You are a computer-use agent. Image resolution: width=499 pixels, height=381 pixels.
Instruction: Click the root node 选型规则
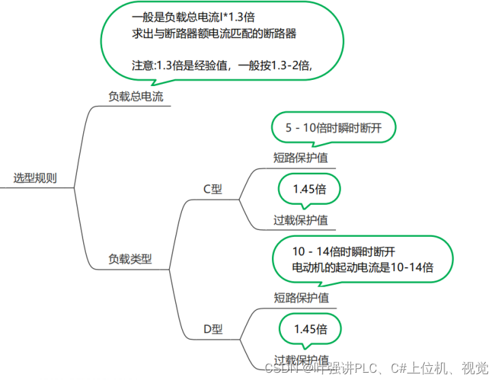pos(35,179)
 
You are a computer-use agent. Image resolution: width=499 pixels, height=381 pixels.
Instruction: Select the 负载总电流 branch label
pos(136,97)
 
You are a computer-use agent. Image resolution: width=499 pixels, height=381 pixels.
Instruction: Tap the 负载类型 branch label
pos(130,259)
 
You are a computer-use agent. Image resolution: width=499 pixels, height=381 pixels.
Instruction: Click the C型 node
pos(213,190)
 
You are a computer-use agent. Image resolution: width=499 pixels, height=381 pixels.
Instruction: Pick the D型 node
pos(213,329)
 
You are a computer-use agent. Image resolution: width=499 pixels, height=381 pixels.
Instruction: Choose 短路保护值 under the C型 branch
pos(301,157)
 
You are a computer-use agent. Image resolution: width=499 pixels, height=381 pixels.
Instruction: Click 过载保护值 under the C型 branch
pos(301,220)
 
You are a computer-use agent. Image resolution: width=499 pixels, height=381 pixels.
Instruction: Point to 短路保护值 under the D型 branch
pos(301,298)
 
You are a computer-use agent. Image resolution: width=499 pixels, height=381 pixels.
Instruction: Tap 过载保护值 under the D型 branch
pos(301,360)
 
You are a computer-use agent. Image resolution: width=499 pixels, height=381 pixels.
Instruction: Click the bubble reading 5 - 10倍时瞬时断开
pos(333,128)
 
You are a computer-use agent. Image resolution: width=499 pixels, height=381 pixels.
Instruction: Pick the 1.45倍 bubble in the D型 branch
pos(310,329)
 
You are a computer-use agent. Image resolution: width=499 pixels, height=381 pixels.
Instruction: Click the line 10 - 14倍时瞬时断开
pos(344,251)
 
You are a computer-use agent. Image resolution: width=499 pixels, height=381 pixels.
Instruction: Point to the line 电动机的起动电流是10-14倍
pos(363,267)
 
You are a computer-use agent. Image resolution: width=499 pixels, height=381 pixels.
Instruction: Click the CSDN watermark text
pos(279,368)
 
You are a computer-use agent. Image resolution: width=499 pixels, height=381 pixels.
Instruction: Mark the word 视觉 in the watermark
pos(475,368)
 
